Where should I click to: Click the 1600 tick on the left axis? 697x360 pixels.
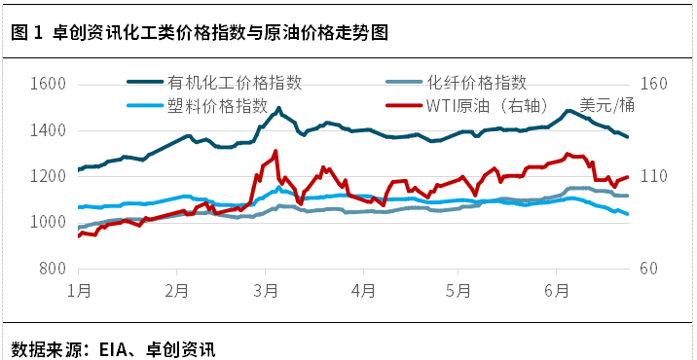click(48, 84)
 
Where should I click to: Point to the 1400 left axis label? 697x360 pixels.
click(48, 130)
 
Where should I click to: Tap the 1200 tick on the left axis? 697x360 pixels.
click(48, 176)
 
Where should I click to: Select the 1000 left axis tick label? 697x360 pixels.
click(48, 223)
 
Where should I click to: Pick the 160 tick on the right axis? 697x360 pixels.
click(655, 84)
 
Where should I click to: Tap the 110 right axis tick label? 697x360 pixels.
click(655, 176)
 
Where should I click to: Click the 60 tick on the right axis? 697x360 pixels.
click(651, 269)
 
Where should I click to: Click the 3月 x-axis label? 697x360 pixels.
click(266, 290)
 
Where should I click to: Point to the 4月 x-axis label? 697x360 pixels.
click(363, 290)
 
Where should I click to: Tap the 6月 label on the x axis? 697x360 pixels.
click(555, 290)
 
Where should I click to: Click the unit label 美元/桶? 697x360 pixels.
click(606, 105)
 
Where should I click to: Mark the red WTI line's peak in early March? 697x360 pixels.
click(275, 152)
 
